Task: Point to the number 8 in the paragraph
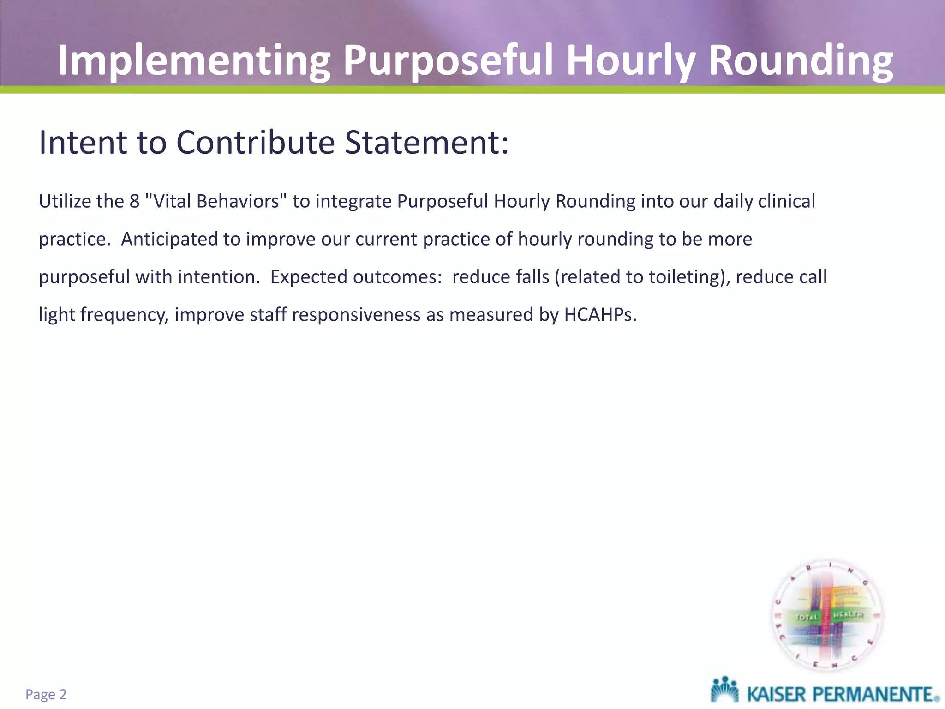(134, 202)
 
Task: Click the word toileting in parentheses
(684, 277)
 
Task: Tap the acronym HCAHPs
(600, 315)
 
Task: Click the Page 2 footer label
(46, 695)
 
